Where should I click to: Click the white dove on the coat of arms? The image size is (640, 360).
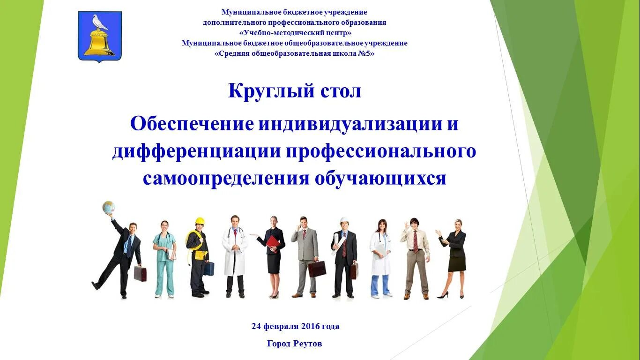tap(100, 22)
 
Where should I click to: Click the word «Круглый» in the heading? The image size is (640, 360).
tap(265, 90)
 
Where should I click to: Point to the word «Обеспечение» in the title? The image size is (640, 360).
tap(192, 124)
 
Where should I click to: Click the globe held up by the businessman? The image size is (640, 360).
tap(109, 207)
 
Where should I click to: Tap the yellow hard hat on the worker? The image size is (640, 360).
tap(200, 221)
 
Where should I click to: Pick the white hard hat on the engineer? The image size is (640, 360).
tap(344, 220)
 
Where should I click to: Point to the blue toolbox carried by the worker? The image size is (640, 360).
tap(209, 269)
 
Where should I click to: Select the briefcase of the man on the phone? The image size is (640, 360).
tap(317, 269)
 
